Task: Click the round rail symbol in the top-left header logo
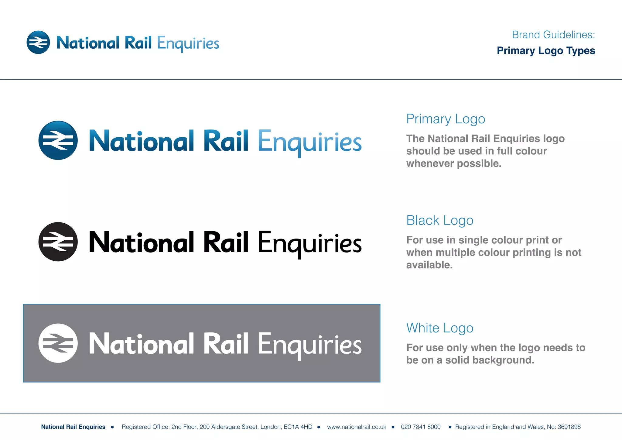[38, 42]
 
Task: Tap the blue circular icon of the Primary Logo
[58, 140]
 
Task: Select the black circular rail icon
[58, 242]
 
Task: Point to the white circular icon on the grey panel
[58, 343]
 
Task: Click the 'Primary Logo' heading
[446, 119]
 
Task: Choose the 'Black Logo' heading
[440, 221]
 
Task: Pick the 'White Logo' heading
[440, 328]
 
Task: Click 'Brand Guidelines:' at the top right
[553, 35]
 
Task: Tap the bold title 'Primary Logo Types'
[546, 50]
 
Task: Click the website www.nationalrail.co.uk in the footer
[357, 427]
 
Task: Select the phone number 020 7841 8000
[421, 427]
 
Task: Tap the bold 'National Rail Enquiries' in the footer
[73, 427]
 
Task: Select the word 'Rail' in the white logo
[226, 344]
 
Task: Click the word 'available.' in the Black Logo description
[429, 265]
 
